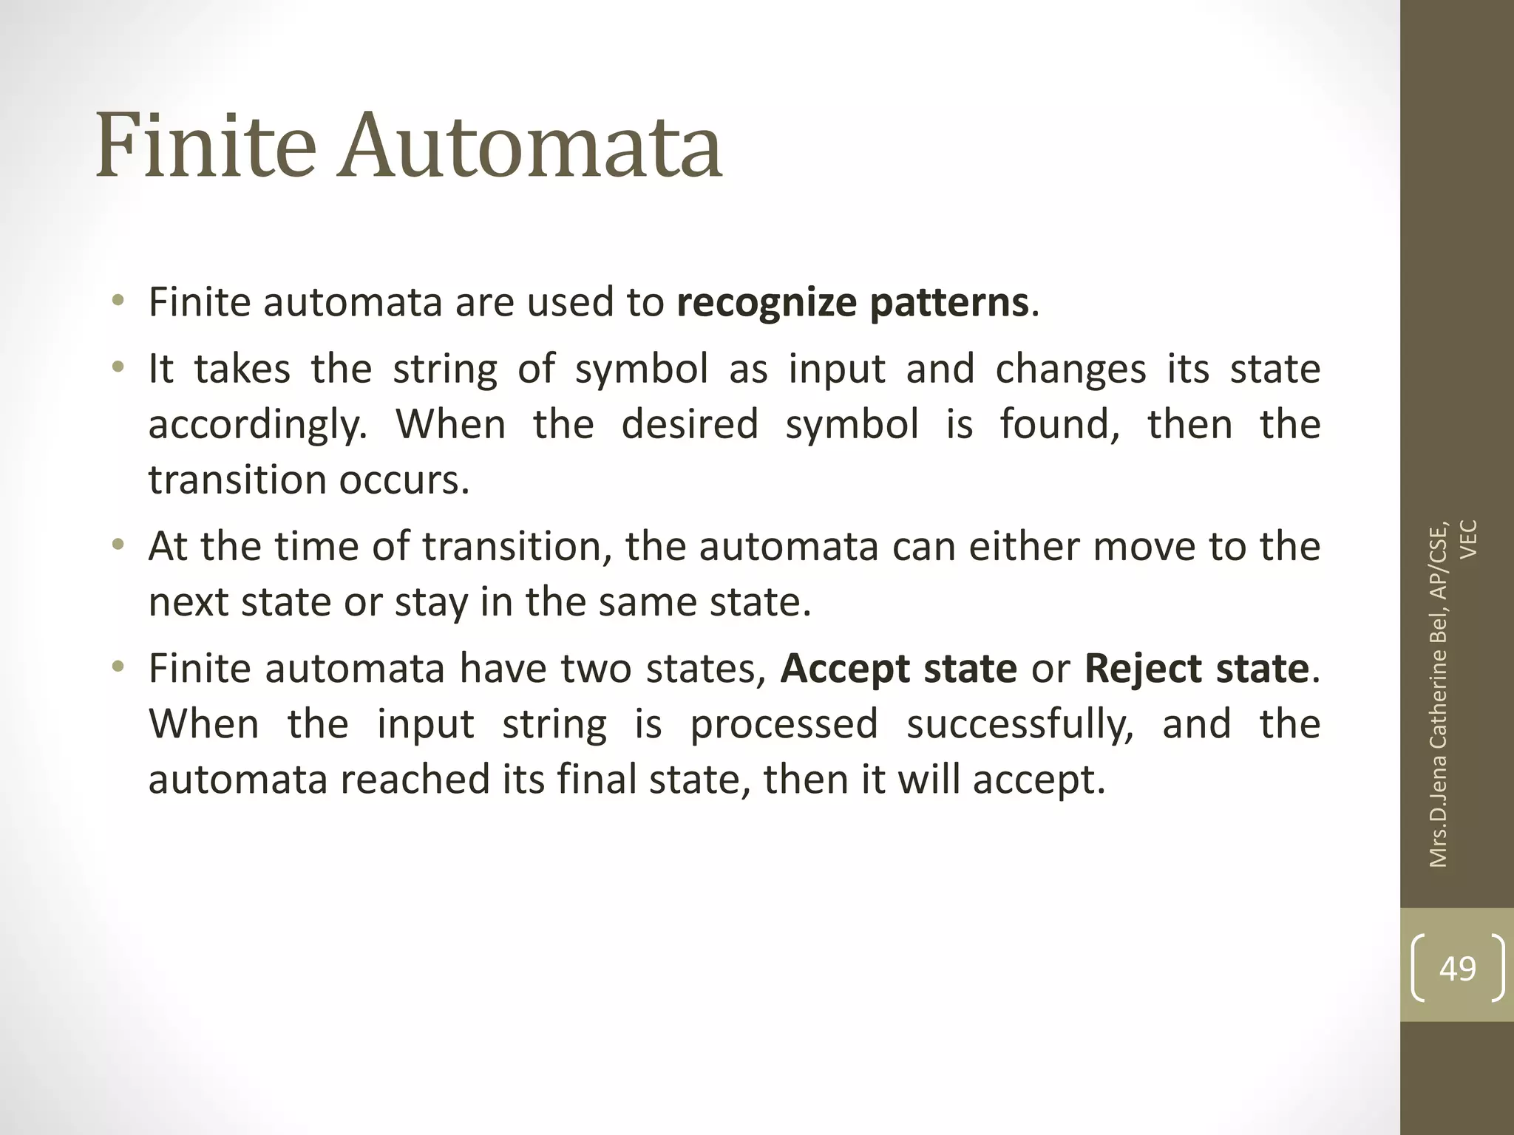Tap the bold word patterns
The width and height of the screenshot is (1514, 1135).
click(948, 304)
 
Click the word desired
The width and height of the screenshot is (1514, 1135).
click(690, 425)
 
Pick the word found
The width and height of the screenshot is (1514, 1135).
click(1059, 425)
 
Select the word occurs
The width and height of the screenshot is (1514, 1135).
click(404, 481)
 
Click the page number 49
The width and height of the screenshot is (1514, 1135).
click(1457, 969)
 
